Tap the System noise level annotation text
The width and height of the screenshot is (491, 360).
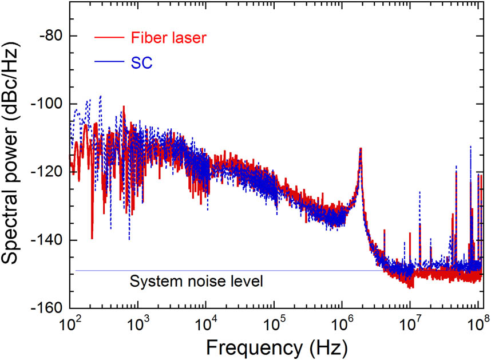[196, 282]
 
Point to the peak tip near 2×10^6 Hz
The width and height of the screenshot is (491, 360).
[361, 148]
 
